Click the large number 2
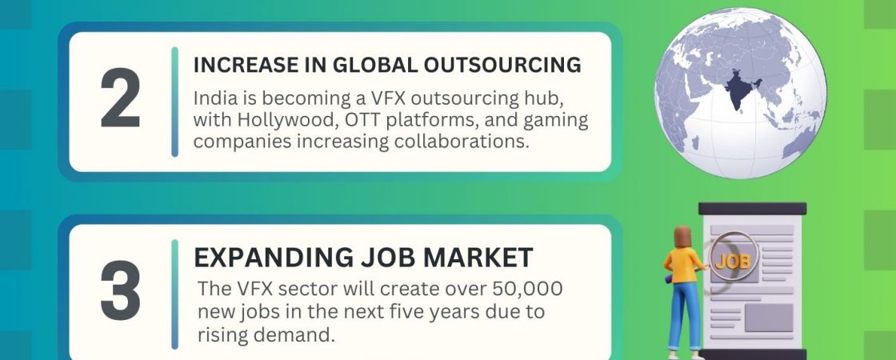coord(121,98)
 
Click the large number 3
coord(121,291)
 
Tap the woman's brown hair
coord(683,238)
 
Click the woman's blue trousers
coord(684,315)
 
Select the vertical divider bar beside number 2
coord(175,102)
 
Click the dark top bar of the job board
coord(752,209)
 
